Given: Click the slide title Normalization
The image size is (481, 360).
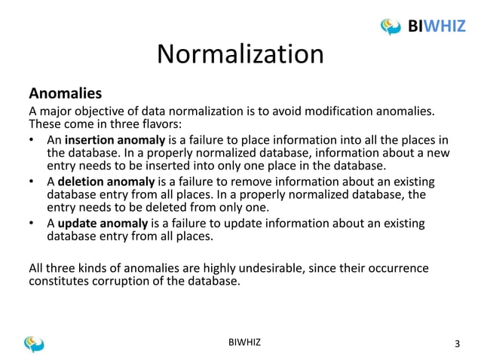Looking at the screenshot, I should [x=240, y=55].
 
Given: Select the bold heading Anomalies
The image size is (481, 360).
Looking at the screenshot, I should [x=65, y=94].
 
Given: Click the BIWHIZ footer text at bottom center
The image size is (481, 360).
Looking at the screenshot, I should [x=240, y=343].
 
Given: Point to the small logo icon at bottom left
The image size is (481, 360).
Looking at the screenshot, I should [x=34, y=343].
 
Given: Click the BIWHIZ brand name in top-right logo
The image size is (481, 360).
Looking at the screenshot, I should [x=437, y=26].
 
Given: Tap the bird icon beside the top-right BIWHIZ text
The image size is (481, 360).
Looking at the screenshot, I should [x=391, y=26].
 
